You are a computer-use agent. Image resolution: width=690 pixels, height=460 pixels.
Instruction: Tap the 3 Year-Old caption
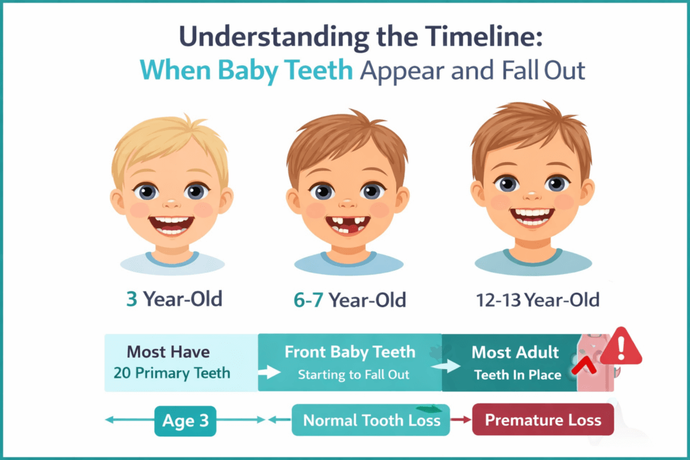coord(174,298)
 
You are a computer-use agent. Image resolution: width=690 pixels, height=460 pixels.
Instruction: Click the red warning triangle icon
coord(621,347)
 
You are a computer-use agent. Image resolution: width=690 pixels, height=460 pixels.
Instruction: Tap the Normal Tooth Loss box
coord(371,420)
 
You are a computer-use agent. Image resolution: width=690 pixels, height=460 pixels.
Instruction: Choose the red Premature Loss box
coord(543,420)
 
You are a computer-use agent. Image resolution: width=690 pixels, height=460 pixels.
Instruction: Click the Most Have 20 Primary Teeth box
coord(181,362)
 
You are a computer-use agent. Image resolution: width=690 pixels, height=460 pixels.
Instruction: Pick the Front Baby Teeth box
coord(349,362)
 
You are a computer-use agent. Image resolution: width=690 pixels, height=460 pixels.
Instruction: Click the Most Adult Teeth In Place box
coord(512,362)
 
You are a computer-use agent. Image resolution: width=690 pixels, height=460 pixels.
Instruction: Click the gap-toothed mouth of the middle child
coord(348,224)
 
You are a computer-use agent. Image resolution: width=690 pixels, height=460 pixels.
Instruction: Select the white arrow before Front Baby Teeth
coord(270,372)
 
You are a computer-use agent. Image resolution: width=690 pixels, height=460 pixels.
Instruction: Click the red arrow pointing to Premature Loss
coord(461,421)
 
